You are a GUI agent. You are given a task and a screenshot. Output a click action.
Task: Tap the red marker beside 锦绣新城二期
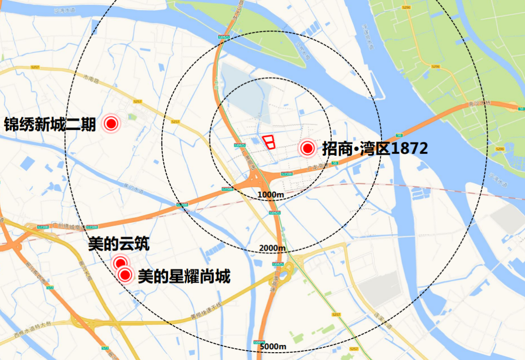pos(111,124)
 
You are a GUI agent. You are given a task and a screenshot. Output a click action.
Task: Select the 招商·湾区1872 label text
pos(375,148)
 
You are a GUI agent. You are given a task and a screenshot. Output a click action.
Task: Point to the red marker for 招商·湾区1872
pos(307,148)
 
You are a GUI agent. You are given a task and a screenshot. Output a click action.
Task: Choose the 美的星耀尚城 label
pos(184,277)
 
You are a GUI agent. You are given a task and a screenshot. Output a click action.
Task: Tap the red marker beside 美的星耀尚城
pos(125,275)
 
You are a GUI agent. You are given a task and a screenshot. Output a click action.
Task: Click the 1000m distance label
pos(271,195)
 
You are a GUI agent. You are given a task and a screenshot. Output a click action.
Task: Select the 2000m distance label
pos(272,248)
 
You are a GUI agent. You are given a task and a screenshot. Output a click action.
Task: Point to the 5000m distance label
pos(273,346)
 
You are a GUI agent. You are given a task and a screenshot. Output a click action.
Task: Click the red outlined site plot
pos(269,141)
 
